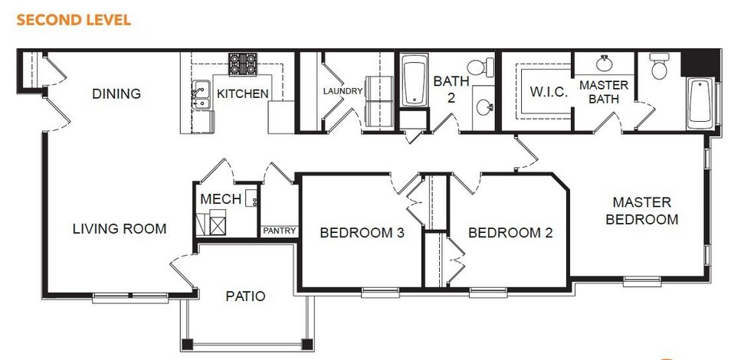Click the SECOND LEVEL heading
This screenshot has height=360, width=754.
[74, 19]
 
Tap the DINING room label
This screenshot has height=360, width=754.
[116, 94]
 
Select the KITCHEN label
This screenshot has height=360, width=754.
[242, 94]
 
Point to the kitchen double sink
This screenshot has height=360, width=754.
[202, 95]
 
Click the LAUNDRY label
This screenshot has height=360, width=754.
[343, 91]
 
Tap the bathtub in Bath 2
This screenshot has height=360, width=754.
[415, 80]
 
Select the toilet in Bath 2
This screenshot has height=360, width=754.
[483, 67]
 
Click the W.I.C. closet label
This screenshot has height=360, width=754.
[549, 92]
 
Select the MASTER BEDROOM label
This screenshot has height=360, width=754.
[642, 211]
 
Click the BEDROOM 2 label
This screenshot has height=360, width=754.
[510, 233]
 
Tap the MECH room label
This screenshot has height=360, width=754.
[221, 199]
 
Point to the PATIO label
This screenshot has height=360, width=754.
[246, 296]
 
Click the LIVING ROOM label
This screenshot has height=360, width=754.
[120, 228]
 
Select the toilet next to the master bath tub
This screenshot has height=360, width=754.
[660, 67]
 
